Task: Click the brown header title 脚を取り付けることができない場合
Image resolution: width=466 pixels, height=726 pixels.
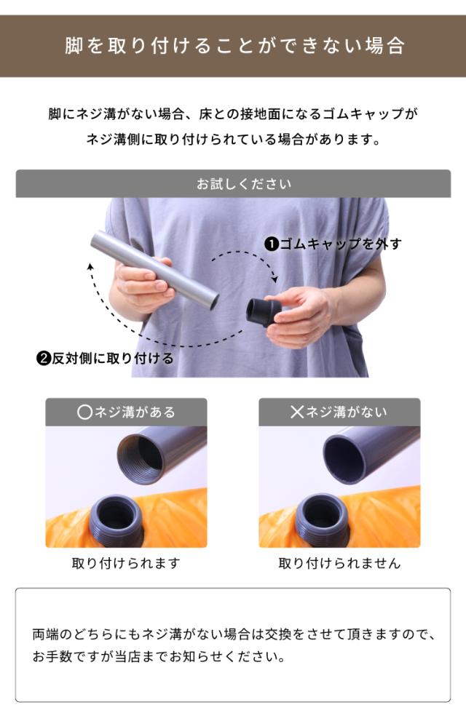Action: pyautogui.click(x=235, y=46)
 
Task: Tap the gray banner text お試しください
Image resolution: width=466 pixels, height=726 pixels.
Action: pyautogui.click(x=244, y=184)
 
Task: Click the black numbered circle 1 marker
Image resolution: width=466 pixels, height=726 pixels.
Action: pyautogui.click(x=271, y=244)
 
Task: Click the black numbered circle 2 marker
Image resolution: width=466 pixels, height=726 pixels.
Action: pyautogui.click(x=43, y=359)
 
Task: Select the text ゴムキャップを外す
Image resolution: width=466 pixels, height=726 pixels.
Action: pyautogui.click(x=340, y=244)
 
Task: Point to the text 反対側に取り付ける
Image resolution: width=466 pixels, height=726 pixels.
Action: pyautogui.click(x=112, y=359)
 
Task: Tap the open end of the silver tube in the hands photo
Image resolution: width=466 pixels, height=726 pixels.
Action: pyautogui.click(x=214, y=301)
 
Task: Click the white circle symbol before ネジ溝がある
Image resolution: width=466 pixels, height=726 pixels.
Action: pyautogui.click(x=84, y=412)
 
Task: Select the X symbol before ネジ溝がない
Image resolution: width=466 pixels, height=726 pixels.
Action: pyautogui.click(x=296, y=412)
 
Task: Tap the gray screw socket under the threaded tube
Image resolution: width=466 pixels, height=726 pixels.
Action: pyautogui.click(x=116, y=520)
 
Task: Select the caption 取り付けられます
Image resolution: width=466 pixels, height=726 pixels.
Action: pyautogui.click(x=126, y=563)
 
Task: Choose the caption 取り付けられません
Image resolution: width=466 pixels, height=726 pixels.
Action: pyautogui.click(x=339, y=563)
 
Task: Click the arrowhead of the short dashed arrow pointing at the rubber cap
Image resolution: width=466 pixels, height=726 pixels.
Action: pyautogui.click(x=275, y=279)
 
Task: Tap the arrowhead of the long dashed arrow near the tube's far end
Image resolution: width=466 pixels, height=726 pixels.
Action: pyautogui.click(x=91, y=266)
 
